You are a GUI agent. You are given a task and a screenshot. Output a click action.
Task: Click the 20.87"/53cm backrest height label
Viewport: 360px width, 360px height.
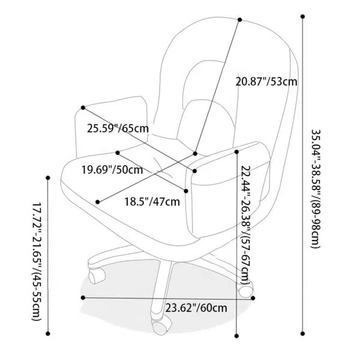pos(266,81)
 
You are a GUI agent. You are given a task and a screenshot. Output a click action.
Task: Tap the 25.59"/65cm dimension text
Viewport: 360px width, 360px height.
pos(118,128)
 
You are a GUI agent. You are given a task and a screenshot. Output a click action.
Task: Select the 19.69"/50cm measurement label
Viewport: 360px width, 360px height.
pos(112,170)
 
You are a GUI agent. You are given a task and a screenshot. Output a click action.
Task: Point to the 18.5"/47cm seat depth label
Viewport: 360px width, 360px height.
pos(152,201)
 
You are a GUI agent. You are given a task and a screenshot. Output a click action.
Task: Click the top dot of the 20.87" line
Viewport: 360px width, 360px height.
pos(240,20)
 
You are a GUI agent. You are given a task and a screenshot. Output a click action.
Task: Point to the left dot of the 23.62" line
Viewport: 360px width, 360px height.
pos(82,297)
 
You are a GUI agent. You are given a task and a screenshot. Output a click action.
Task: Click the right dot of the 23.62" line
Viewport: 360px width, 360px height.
pos(253,297)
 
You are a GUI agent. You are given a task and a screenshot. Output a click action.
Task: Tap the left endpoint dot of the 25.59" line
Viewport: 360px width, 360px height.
pos(82,108)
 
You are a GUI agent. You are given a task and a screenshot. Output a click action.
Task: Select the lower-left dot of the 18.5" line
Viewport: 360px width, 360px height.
pos(98,201)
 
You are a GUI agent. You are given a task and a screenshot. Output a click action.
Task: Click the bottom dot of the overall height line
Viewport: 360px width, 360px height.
pos(301,333)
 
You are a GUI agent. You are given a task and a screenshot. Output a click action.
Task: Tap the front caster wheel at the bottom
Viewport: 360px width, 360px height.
pos(160,328)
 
